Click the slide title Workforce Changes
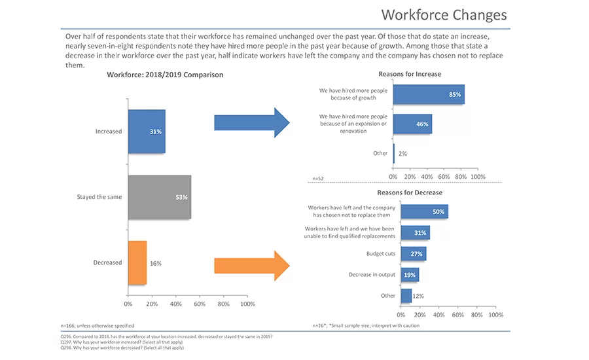pos(444,14)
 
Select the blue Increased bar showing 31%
pos(147,132)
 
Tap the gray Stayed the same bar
pos(159,197)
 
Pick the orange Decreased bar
pos(137,262)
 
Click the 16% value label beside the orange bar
pos(155,263)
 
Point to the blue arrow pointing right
pos(251,122)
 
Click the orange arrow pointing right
pos(251,265)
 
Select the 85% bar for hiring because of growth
pos(429,94)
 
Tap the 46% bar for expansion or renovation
pos(412,124)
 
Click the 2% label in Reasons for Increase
pos(402,153)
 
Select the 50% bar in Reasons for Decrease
pos(424,211)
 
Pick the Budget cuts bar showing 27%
pos(414,254)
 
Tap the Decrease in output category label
pos(372,275)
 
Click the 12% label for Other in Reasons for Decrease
pos(418,296)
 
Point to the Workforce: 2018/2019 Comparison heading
pos(165,75)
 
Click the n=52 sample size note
pos(317,178)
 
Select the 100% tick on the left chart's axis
pos(247,304)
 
